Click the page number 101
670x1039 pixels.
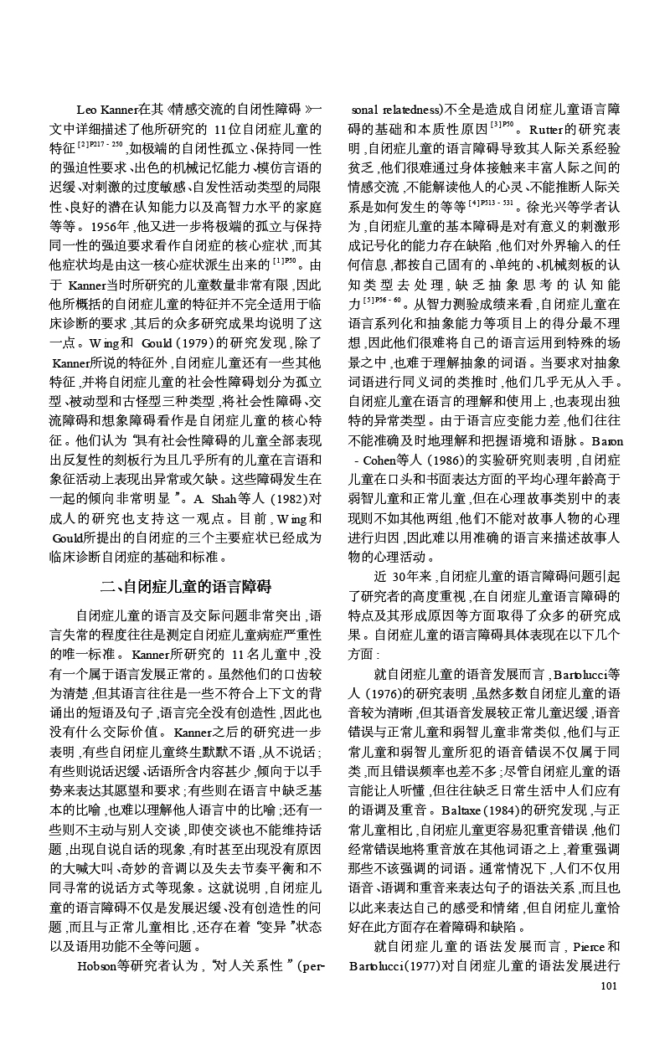pos(609,985)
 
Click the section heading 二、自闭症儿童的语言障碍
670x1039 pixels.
pos(186,585)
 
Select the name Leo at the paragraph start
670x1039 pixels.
pos(86,110)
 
